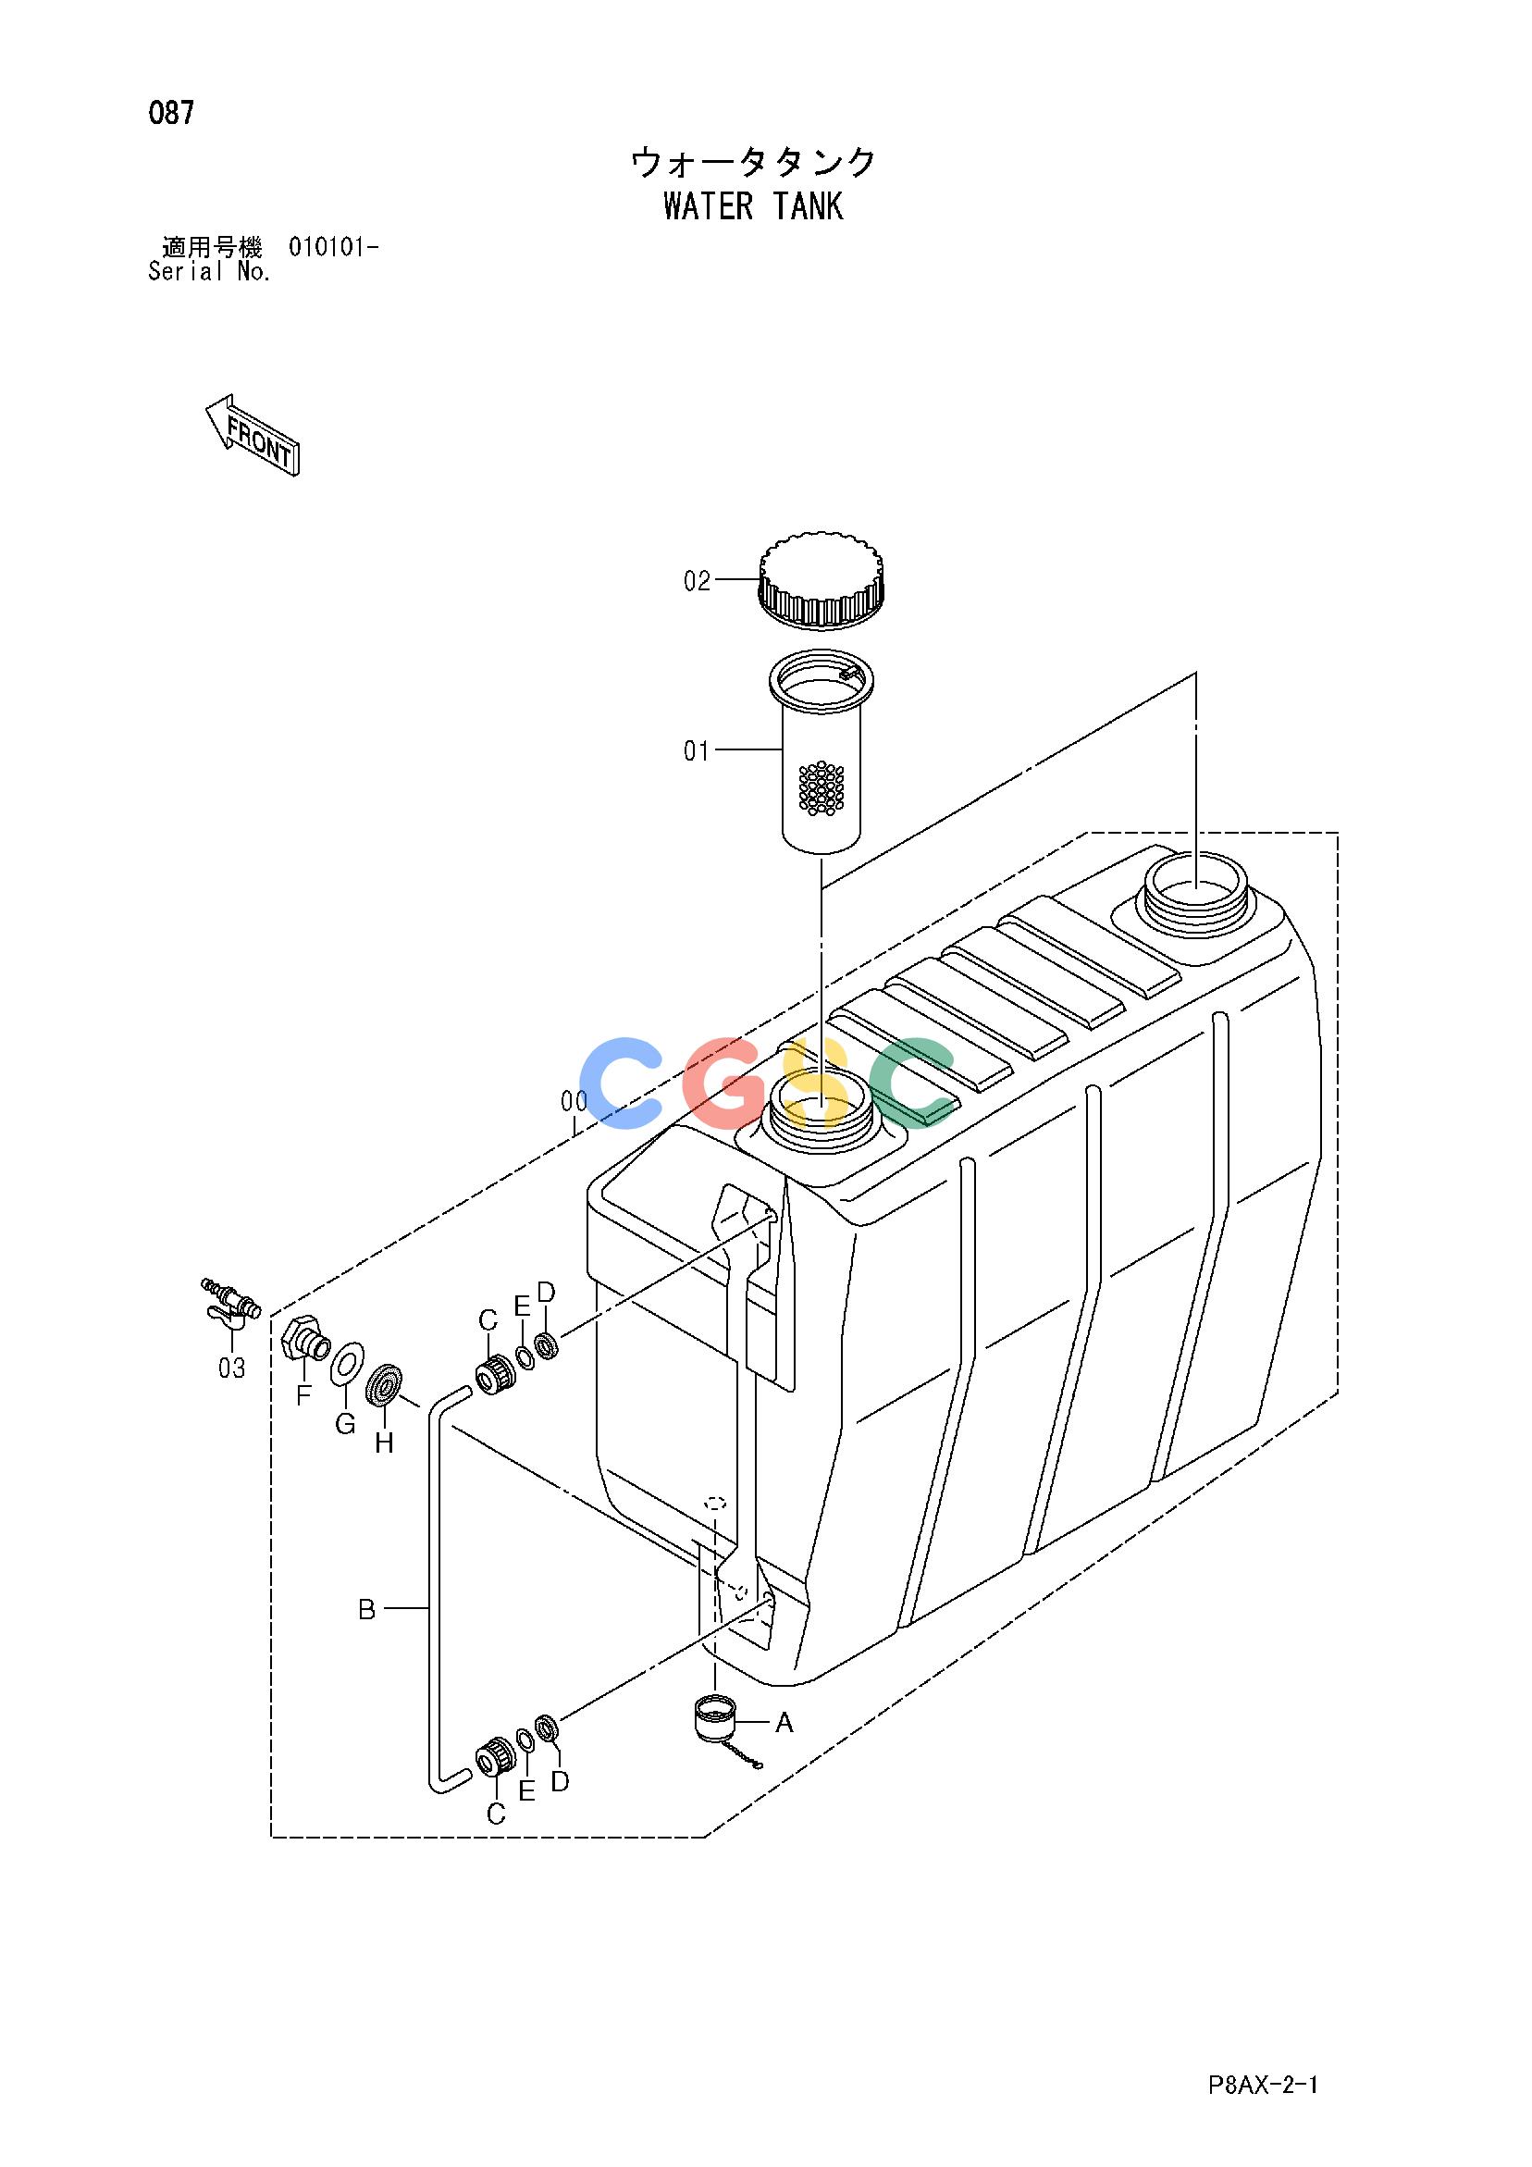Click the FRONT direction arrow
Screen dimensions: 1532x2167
pos(252,434)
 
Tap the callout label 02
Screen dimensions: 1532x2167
pos(697,580)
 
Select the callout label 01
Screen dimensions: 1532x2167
pos(697,751)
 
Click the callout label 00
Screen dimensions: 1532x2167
pos(574,1100)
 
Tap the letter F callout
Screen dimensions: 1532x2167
pos(303,1396)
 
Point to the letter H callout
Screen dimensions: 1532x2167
pos(384,1443)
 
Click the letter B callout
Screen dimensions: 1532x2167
pos(367,1609)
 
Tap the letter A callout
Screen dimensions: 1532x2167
pos(785,1724)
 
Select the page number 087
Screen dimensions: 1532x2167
pos(172,113)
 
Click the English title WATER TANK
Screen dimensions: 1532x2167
pos(753,205)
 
